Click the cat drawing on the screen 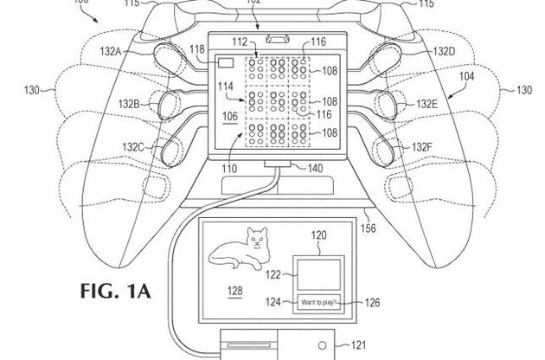[245, 251]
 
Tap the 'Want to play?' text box [319, 302]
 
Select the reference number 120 [319, 235]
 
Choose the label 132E [425, 104]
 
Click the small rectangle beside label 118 [228, 64]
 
